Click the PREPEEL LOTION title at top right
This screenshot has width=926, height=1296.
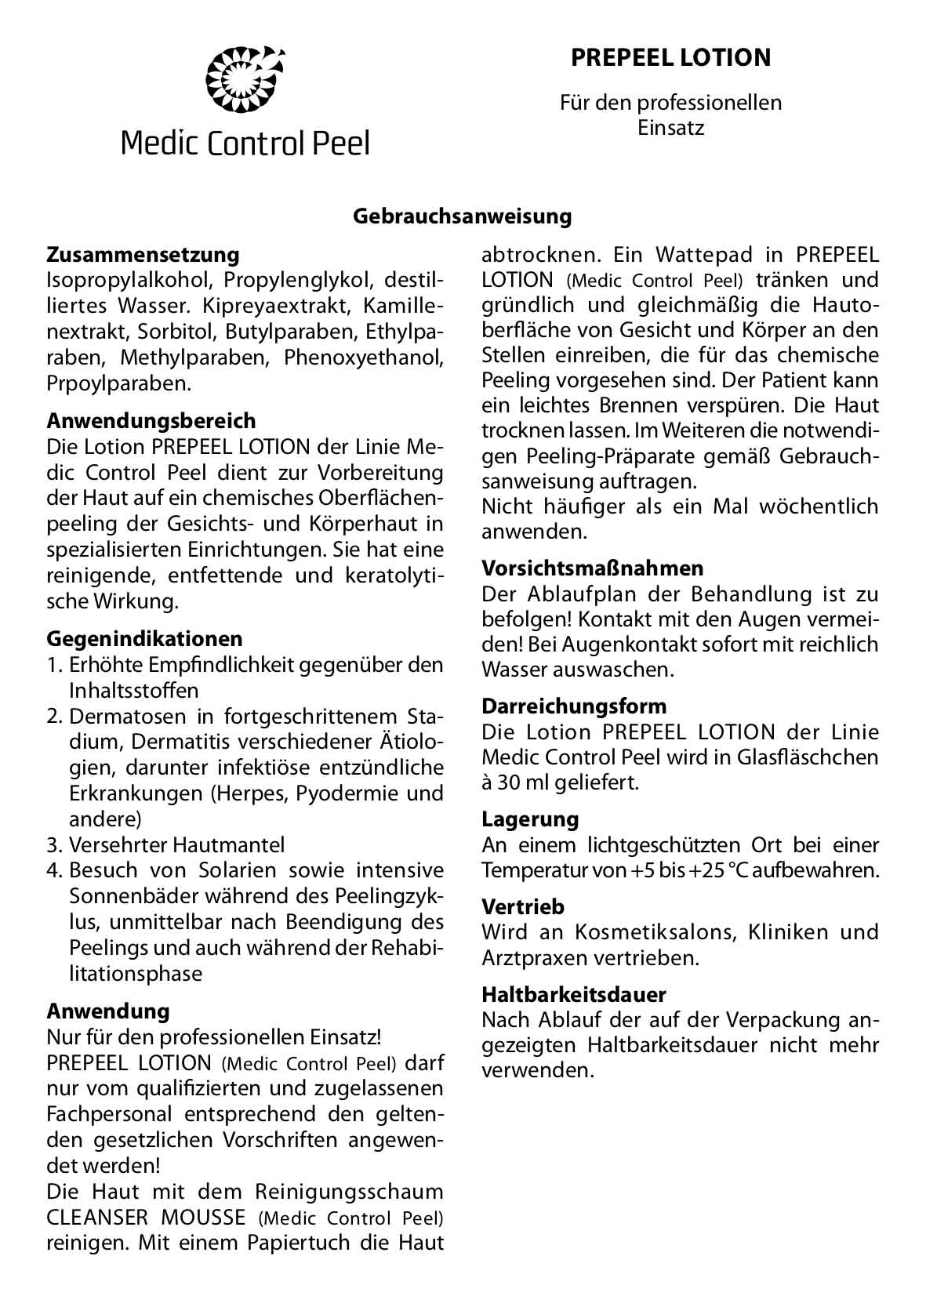pyautogui.click(x=671, y=57)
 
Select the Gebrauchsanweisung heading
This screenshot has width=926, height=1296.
pyautogui.click(x=463, y=216)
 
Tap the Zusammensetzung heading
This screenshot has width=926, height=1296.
pyautogui.click(x=143, y=255)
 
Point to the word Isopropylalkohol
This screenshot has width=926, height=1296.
pyautogui.click(x=129, y=281)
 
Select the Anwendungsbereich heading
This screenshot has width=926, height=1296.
pyautogui.click(x=151, y=421)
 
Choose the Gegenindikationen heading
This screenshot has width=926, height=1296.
pyautogui.click(x=144, y=638)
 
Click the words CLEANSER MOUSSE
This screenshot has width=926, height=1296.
pyautogui.click(x=146, y=1218)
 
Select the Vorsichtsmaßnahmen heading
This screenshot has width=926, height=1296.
pyautogui.click(x=592, y=568)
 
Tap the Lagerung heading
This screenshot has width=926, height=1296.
pyautogui.click(x=530, y=819)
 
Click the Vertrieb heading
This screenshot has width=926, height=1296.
pyautogui.click(x=523, y=907)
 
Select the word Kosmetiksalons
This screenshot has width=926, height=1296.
pyautogui.click(x=653, y=933)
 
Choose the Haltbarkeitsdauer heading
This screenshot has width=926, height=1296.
pyautogui.click(x=573, y=995)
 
